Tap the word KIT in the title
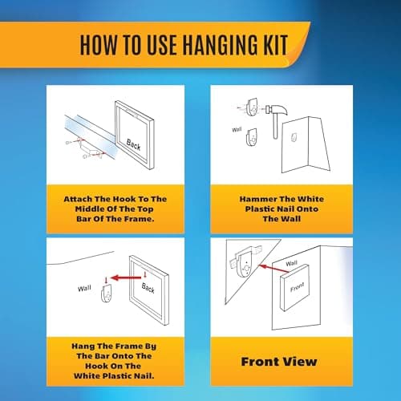click(x=275, y=45)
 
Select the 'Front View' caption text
click(x=279, y=362)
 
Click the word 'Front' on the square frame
click(x=297, y=287)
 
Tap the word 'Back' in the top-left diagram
click(x=133, y=144)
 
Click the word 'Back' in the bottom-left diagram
click(x=148, y=288)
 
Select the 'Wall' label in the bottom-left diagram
click(x=84, y=289)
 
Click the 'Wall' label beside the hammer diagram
click(x=237, y=130)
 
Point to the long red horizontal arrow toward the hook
click(x=126, y=277)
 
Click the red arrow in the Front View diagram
click(x=274, y=269)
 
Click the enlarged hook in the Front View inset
click(x=245, y=262)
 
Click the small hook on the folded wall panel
click(x=294, y=137)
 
